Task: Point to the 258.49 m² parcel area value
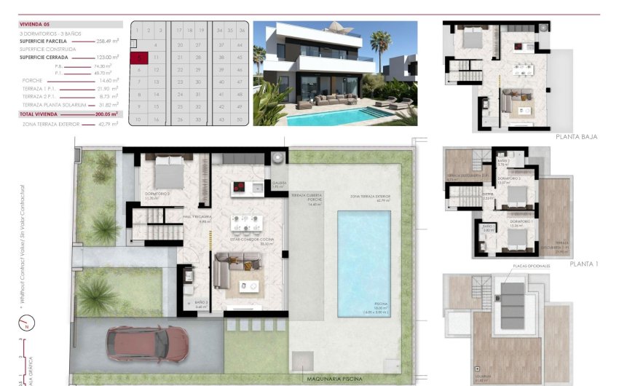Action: point(108,42)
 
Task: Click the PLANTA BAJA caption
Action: point(576,136)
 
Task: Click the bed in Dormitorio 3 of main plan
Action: point(167,176)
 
